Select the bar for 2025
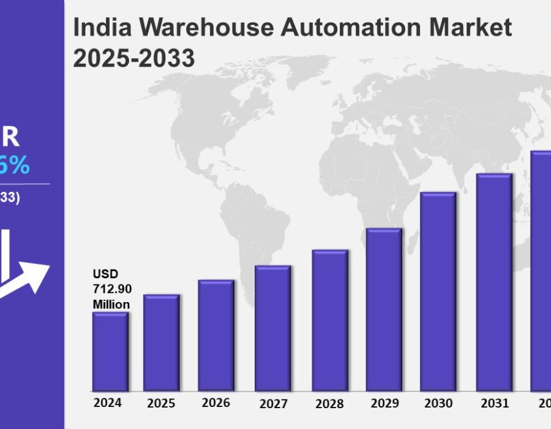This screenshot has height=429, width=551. point(162,343)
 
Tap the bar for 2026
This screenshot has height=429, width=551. point(216,335)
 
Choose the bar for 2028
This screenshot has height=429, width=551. point(330,320)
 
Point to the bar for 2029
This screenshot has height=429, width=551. point(384,309)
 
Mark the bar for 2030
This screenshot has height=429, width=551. point(438,291)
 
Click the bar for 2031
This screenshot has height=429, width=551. point(494,282)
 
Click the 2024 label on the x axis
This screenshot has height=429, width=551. point(108,403)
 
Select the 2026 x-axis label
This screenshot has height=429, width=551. point(216,403)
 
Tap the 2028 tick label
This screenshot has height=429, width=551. point(329,404)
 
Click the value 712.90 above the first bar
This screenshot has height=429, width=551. point(112,289)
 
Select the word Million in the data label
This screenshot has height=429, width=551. point(111,305)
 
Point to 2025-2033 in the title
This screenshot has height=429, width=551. point(134,59)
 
